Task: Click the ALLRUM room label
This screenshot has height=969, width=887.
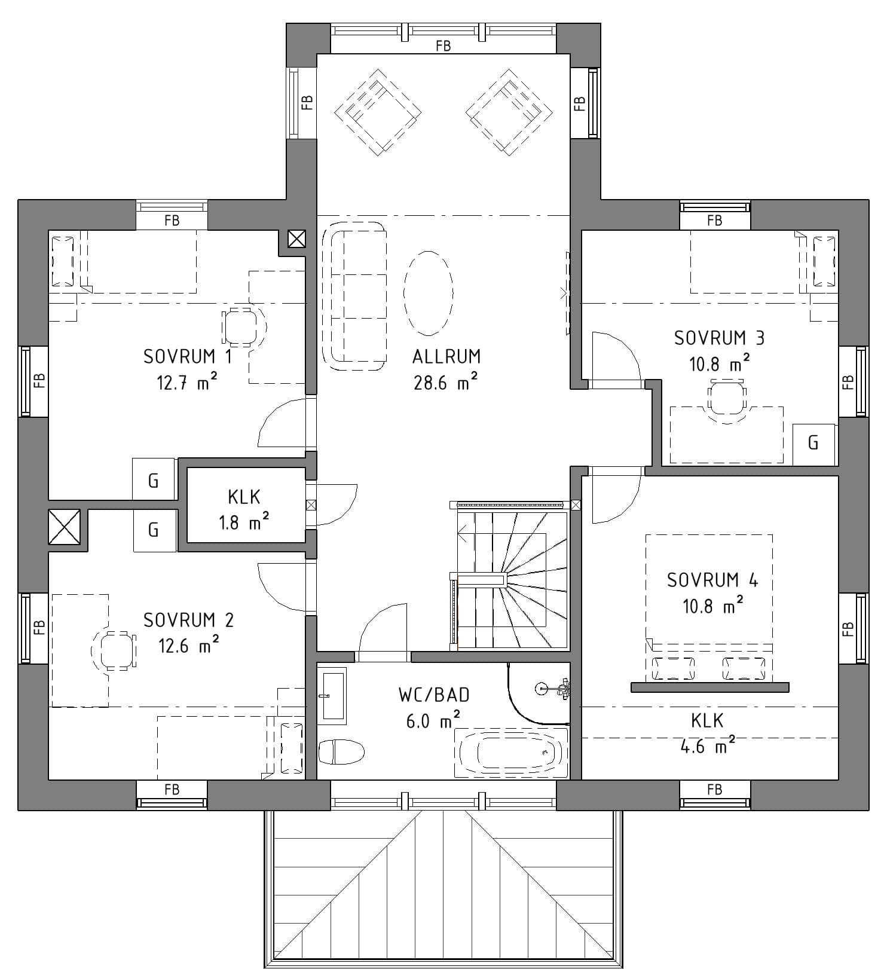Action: coord(446,356)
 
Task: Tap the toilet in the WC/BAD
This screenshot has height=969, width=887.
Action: coord(341,751)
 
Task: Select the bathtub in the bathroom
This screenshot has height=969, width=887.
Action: coord(510,753)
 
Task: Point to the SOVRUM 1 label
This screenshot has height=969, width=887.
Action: coord(188,356)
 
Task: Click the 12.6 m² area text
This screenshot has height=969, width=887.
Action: coord(188,646)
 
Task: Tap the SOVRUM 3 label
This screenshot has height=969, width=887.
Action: coord(719,338)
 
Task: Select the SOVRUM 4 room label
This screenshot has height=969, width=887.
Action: coord(712,580)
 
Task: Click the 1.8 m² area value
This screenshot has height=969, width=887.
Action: coord(243,522)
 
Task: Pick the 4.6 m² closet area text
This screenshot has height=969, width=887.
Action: coord(708,746)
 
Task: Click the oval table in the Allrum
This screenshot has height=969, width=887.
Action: coord(429,293)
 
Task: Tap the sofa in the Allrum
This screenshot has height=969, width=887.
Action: coord(354,296)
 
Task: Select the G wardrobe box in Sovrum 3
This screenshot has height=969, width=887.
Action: coord(813,444)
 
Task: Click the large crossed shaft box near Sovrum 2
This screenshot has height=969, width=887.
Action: coord(64,527)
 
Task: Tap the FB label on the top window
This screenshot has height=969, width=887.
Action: coord(443,45)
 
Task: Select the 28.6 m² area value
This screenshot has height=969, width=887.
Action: coord(446,382)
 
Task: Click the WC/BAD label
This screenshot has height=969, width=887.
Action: coord(434,695)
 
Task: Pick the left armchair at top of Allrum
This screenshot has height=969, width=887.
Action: coord(378,112)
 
